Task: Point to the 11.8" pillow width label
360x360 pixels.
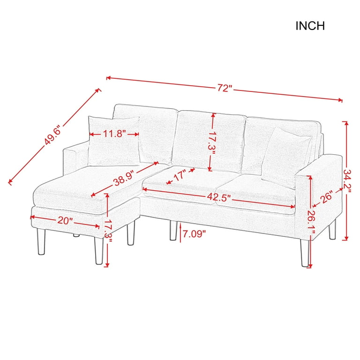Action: (x=114, y=134)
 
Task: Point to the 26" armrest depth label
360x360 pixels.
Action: (x=327, y=198)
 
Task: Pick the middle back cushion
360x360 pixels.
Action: (x=210, y=141)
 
